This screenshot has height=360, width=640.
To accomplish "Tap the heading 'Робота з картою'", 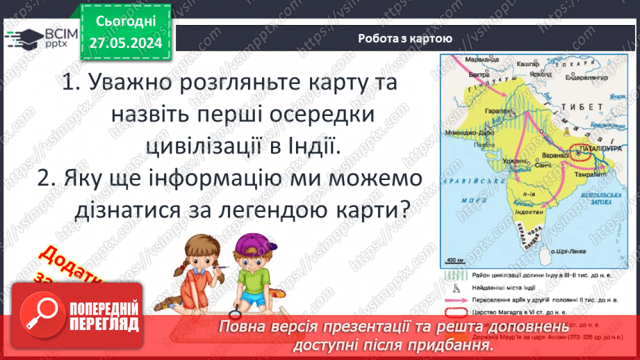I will tap(405, 39).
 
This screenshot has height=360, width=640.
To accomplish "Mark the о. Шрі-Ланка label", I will tap(564, 252).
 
